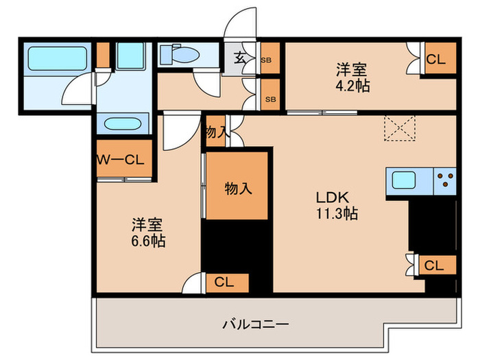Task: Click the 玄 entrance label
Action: (241, 58)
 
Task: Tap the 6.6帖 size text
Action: (149, 241)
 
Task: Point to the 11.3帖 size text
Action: (336, 213)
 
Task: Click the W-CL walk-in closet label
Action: (120, 160)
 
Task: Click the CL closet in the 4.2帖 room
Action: (435, 60)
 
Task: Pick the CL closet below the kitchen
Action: (433, 265)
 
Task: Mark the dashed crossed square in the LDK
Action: (400, 128)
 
